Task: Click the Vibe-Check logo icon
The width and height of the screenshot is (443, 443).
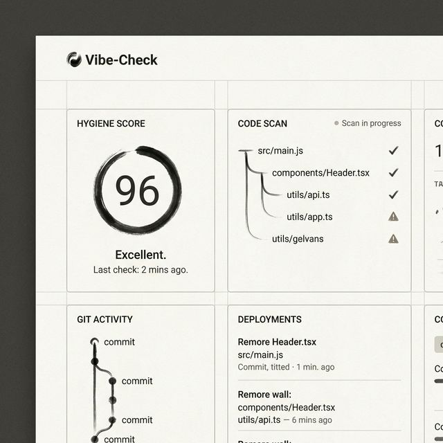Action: tap(74, 60)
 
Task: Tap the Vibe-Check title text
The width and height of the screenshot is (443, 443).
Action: tap(121, 60)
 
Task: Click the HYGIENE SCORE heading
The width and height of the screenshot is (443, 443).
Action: tap(111, 124)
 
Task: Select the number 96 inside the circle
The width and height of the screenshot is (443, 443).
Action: tap(137, 190)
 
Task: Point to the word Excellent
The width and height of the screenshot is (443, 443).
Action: tap(141, 255)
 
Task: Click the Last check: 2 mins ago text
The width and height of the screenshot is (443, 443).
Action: tap(141, 269)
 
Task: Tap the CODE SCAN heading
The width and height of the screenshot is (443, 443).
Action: tap(262, 124)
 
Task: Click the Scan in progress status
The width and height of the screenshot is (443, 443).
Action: tap(368, 123)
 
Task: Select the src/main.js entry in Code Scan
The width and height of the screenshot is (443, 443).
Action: tap(280, 150)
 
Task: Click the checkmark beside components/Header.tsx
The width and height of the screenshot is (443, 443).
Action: tap(393, 172)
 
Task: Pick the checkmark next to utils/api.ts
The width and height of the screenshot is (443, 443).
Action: tap(393, 195)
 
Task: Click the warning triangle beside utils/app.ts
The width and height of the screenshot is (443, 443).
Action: tap(393, 217)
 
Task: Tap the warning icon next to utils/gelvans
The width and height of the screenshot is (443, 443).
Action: tap(393, 239)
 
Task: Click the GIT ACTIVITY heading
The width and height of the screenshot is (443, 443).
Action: tap(105, 319)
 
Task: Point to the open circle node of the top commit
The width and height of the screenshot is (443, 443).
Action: tap(94, 341)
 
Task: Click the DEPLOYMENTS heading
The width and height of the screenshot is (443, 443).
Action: tap(269, 319)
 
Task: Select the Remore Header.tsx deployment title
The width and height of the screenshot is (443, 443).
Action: tap(277, 342)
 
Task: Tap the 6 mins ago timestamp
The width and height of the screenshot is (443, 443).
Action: tap(311, 420)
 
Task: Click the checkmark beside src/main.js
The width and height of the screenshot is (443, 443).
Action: tap(393, 150)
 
